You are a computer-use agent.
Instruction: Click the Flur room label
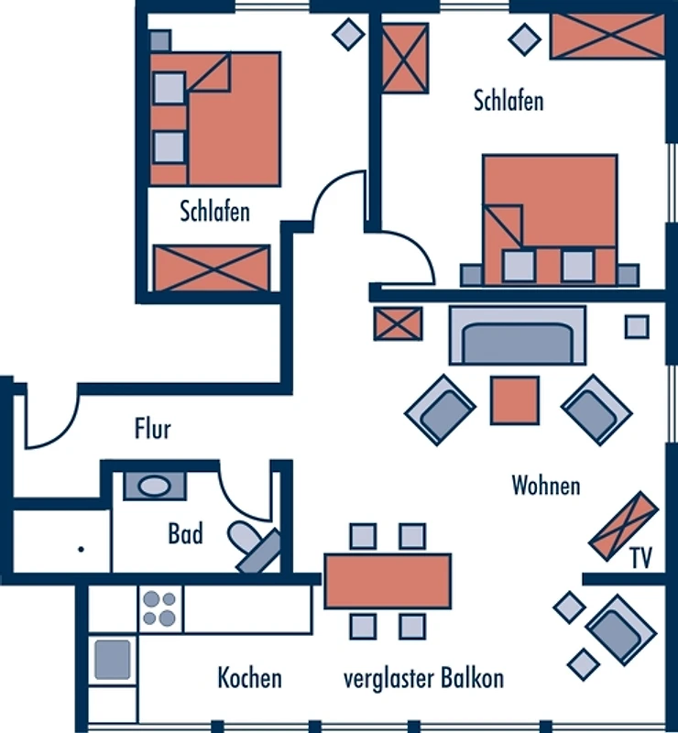click(x=153, y=428)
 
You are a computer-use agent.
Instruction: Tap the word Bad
click(x=185, y=532)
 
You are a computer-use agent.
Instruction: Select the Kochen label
click(x=249, y=679)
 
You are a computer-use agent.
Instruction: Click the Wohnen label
click(x=546, y=485)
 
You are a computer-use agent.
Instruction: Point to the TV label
click(x=641, y=558)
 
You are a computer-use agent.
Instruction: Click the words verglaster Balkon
click(x=423, y=679)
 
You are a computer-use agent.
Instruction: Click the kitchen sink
click(x=112, y=658)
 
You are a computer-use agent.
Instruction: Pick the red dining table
click(x=388, y=581)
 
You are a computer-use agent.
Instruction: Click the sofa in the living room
click(x=517, y=335)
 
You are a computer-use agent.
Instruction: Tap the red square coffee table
click(x=515, y=400)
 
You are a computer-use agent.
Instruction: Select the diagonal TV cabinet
click(x=623, y=526)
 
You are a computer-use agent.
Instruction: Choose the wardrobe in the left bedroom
click(x=212, y=268)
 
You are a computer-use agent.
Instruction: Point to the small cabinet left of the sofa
click(x=399, y=324)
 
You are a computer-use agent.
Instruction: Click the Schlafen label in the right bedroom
click(x=508, y=100)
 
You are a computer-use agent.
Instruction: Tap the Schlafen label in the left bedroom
click(x=215, y=212)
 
